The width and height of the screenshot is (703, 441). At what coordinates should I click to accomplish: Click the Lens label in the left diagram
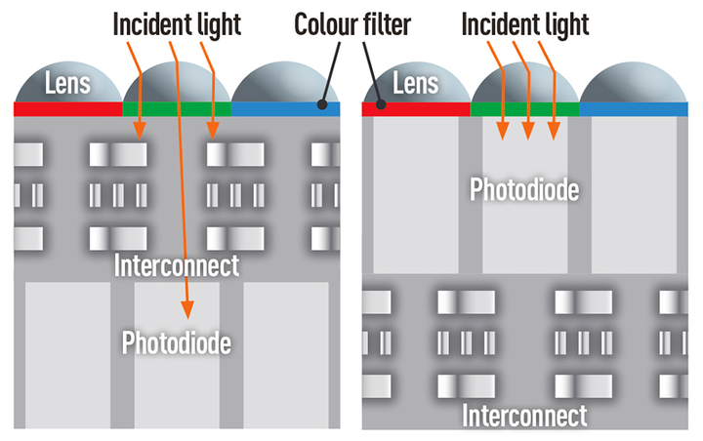tap(67, 84)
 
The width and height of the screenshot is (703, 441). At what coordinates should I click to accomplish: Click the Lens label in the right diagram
tap(416, 84)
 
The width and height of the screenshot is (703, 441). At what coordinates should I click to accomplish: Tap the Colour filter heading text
tap(352, 24)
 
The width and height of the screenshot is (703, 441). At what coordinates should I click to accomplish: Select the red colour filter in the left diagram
tap(67, 109)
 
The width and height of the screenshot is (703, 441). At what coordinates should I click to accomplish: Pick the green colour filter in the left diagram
tap(177, 109)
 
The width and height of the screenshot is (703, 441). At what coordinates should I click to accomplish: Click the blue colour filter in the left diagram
tap(285, 109)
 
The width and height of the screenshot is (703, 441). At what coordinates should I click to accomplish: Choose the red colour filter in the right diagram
tap(416, 109)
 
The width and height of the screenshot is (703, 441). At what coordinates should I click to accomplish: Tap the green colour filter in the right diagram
tap(525, 109)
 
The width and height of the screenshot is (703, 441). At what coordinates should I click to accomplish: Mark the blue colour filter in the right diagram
tap(634, 109)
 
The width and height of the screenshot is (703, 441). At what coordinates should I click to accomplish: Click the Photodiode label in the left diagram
tap(176, 343)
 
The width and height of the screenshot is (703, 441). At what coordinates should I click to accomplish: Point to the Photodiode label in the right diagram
tap(524, 189)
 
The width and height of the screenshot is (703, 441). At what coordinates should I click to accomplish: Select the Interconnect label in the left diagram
tap(177, 265)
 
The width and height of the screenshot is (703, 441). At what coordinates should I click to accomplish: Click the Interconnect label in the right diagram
tap(524, 416)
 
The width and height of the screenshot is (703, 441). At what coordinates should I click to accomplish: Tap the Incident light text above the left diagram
tap(177, 24)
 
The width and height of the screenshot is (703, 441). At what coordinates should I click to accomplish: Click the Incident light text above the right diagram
tap(525, 24)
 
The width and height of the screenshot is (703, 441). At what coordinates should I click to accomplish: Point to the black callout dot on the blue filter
tap(322, 104)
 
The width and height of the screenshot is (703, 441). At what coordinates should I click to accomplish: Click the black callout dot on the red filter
tap(381, 104)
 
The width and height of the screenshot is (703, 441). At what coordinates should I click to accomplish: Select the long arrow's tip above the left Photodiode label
tap(187, 318)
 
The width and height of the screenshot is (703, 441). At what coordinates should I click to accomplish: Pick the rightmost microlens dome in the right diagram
tap(634, 82)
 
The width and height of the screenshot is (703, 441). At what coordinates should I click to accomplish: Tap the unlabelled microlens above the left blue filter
tap(285, 82)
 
